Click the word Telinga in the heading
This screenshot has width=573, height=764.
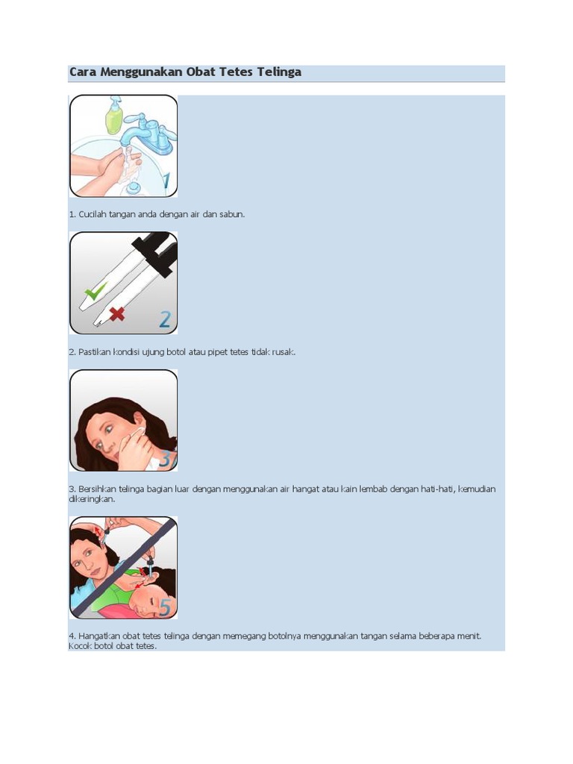(x=279, y=72)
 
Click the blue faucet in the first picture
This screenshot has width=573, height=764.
(x=146, y=134)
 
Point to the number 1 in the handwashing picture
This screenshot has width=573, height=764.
(x=166, y=181)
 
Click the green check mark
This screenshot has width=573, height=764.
(x=95, y=291)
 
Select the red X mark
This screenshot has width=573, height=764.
(x=117, y=314)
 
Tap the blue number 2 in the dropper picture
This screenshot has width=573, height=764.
(x=165, y=319)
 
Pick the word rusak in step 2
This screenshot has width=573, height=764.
(x=284, y=352)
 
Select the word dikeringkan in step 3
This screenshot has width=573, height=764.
(x=92, y=499)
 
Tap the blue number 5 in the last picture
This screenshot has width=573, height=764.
(x=165, y=607)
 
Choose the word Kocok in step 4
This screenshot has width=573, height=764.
(x=80, y=646)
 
